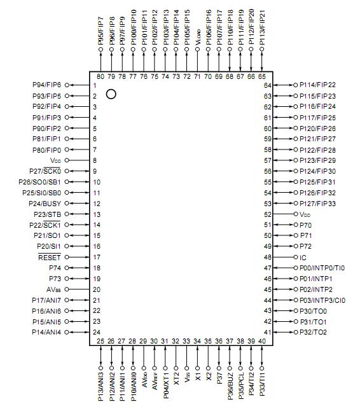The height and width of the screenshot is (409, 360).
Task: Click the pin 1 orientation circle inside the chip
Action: pyautogui.click(x=111, y=95)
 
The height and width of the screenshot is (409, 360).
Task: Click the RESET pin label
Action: pyautogui.click(x=49, y=258)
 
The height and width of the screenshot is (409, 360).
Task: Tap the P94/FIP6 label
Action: pyautogui.click(x=46, y=85)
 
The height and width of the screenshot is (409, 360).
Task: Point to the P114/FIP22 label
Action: pyautogui.click(x=317, y=85)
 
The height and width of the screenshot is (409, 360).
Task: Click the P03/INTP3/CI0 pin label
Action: pyautogui.click(x=322, y=300)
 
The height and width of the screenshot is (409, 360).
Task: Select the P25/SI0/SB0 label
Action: pyautogui.click(x=41, y=193)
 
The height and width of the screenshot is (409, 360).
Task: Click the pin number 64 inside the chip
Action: pyautogui.click(x=268, y=85)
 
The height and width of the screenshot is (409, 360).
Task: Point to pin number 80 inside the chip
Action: pyautogui.click(x=100, y=76)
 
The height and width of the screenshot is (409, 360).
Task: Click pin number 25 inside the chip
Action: pyautogui.click(x=100, y=342)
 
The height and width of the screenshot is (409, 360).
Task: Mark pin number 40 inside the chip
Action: pyautogui.click(x=261, y=342)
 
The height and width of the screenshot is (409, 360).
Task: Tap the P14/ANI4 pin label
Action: pyautogui.click(x=46, y=332)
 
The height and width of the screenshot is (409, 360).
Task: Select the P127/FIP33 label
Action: pyautogui.click(x=317, y=204)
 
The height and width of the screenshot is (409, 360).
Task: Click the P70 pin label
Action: pyautogui.click(x=306, y=225)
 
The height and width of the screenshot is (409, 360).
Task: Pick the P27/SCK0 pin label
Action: pyautogui.click(x=45, y=171)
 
